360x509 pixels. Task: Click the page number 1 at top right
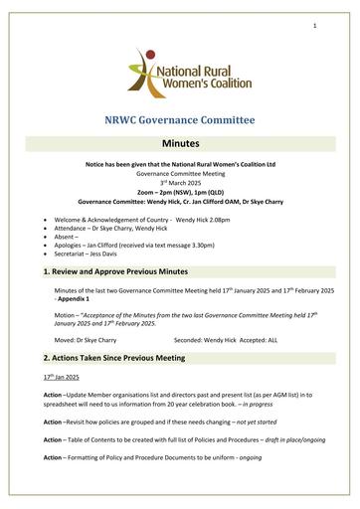pos(314,25)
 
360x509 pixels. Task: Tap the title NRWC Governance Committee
pos(180,121)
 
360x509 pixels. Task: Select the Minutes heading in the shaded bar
pos(180,144)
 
